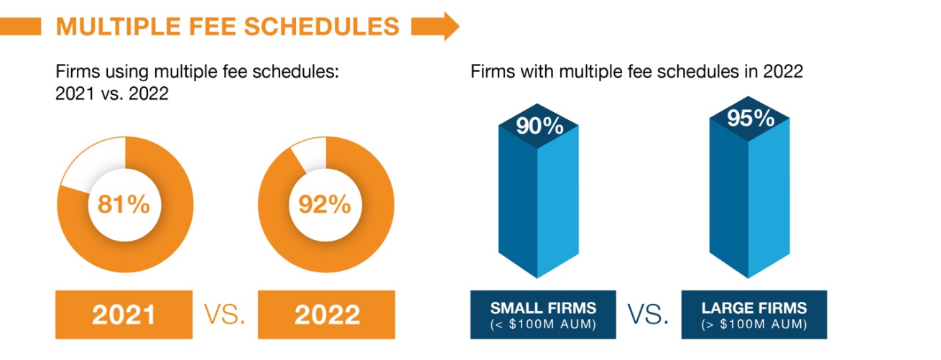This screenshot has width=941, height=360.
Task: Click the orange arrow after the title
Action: (x=435, y=27)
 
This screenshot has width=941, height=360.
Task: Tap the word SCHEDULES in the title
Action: (x=321, y=27)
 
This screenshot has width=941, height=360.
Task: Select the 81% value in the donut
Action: (x=124, y=205)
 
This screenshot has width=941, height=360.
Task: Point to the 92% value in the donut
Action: (x=324, y=205)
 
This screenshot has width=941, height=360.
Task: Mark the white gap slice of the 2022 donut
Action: (x=311, y=153)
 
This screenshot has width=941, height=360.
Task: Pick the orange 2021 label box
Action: (x=124, y=315)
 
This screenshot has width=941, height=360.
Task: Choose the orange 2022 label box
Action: (x=326, y=315)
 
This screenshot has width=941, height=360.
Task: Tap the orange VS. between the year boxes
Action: (x=225, y=315)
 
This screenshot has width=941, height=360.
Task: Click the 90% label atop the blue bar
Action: (x=539, y=126)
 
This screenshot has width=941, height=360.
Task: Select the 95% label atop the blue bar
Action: (x=751, y=118)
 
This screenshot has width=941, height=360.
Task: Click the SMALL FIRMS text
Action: (x=543, y=308)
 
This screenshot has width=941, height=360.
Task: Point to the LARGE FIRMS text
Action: (x=754, y=308)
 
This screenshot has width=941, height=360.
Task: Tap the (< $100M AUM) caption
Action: (x=543, y=324)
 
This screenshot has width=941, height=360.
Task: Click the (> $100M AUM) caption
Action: (x=754, y=324)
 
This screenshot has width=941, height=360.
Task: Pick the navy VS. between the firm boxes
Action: (x=648, y=315)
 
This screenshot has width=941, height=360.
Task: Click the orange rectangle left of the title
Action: (x=21, y=27)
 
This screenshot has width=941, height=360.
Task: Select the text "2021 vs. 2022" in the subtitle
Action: (x=112, y=93)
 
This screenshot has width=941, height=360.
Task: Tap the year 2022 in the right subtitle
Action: (x=783, y=71)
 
